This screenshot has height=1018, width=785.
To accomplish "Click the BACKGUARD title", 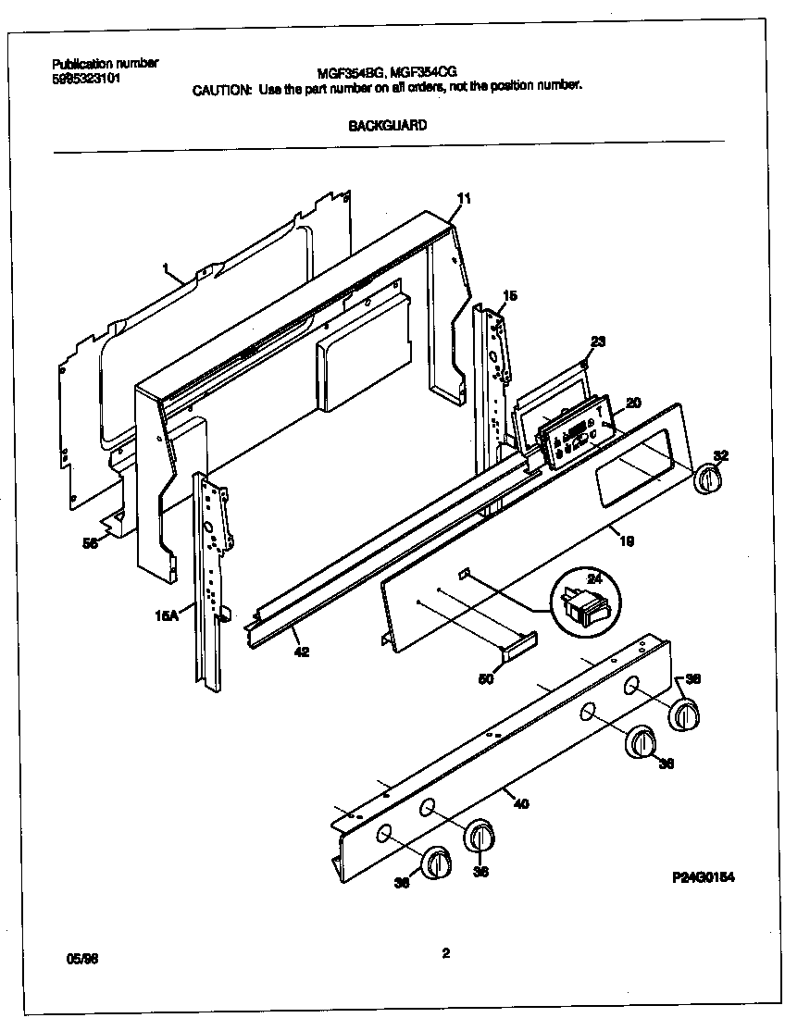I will (x=387, y=126).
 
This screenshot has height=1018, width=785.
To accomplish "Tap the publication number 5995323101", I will (x=87, y=79).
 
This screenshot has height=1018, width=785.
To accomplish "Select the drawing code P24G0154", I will (x=704, y=877).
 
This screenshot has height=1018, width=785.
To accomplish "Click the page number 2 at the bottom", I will (x=445, y=955).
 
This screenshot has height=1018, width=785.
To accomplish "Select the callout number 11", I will (x=464, y=198).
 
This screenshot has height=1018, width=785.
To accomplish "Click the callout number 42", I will (x=302, y=652).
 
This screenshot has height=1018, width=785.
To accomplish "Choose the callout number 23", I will (x=597, y=341).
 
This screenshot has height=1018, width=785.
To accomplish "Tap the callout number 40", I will (x=520, y=803).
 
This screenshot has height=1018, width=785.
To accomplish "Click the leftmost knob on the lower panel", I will (x=435, y=863).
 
